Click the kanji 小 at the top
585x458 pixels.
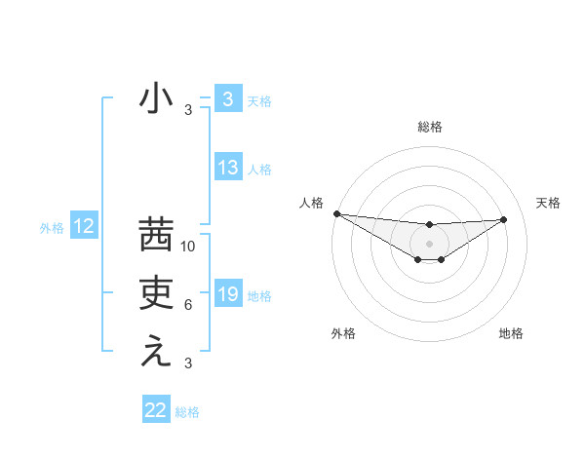click(x=156, y=99)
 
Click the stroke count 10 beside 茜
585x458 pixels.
click(x=189, y=247)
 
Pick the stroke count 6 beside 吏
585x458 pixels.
click(x=188, y=305)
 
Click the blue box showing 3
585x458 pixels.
click(x=227, y=99)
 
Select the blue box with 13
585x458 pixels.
click(x=227, y=168)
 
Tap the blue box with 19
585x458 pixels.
click(x=227, y=294)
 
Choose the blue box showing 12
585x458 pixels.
click(x=84, y=227)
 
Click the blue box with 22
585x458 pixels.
click(x=156, y=410)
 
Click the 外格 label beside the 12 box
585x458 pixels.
click(x=52, y=228)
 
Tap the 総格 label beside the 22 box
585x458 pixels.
click(x=187, y=412)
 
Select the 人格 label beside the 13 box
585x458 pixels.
click(x=259, y=170)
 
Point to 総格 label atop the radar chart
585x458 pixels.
click(x=430, y=127)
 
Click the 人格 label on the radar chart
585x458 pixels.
click(x=311, y=203)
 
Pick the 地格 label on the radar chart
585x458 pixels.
click(x=511, y=333)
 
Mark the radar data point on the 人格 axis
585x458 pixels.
click(x=336, y=213)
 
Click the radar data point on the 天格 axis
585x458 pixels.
click(x=504, y=219)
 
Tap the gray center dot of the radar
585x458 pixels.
click(x=430, y=243)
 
